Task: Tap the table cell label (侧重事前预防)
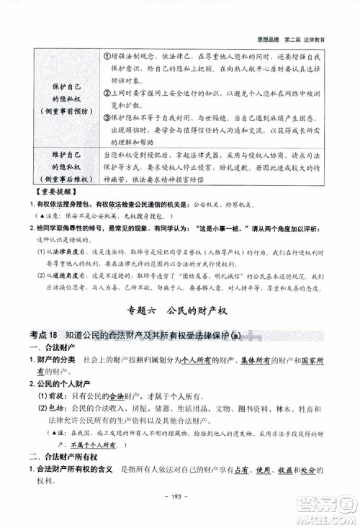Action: (63, 110)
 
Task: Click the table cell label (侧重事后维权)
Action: (63, 177)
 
